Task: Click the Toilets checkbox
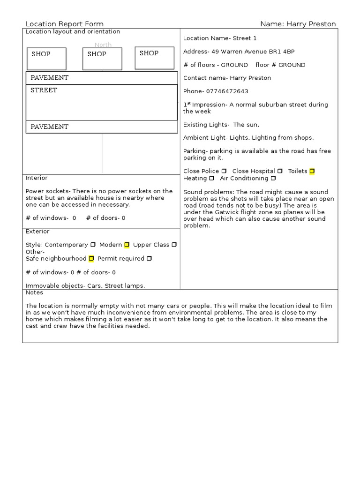pos(312,171)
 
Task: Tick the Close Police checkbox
pos(224,171)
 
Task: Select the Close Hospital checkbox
pos(280,171)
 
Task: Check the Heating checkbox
pos(212,178)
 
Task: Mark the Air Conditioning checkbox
pos(273,178)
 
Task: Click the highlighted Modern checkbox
pos(127,245)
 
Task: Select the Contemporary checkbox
pos(93,245)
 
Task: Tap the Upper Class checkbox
pos(174,245)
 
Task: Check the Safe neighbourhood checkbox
pos(91,258)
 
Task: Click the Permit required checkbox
pos(149,258)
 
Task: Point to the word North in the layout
pos(103,45)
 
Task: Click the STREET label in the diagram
pos(44,90)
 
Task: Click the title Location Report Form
pos(64,24)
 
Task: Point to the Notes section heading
pos(34,292)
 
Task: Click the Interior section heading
pos(36,178)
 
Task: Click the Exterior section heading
pos(37,232)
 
